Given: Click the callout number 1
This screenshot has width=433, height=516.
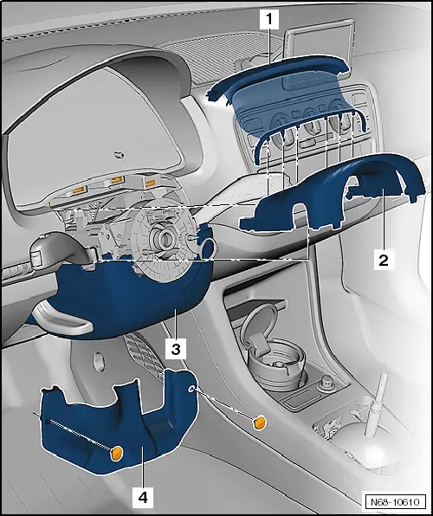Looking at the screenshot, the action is (269, 19).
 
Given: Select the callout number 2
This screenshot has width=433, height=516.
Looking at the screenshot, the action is (384, 260).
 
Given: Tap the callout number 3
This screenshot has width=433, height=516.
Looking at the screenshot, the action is (176, 349).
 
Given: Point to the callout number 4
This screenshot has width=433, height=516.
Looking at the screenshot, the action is (143, 497).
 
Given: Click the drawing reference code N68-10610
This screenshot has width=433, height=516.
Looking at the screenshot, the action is (396, 502).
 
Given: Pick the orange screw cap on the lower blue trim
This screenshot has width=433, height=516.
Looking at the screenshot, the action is (117, 453).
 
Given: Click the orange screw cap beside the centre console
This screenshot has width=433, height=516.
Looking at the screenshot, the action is (260, 422).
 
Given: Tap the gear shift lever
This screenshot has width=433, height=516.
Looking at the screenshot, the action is (376, 405).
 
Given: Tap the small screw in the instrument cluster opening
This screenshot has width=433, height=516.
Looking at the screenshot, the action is (119, 155).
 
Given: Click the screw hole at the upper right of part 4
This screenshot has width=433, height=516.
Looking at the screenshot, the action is (191, 390).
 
